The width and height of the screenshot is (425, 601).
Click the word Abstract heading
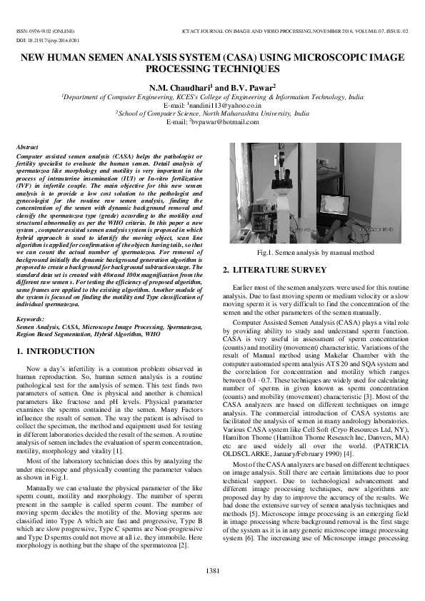coord(27,146)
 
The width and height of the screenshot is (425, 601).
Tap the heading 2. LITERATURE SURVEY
coord(274,270)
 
